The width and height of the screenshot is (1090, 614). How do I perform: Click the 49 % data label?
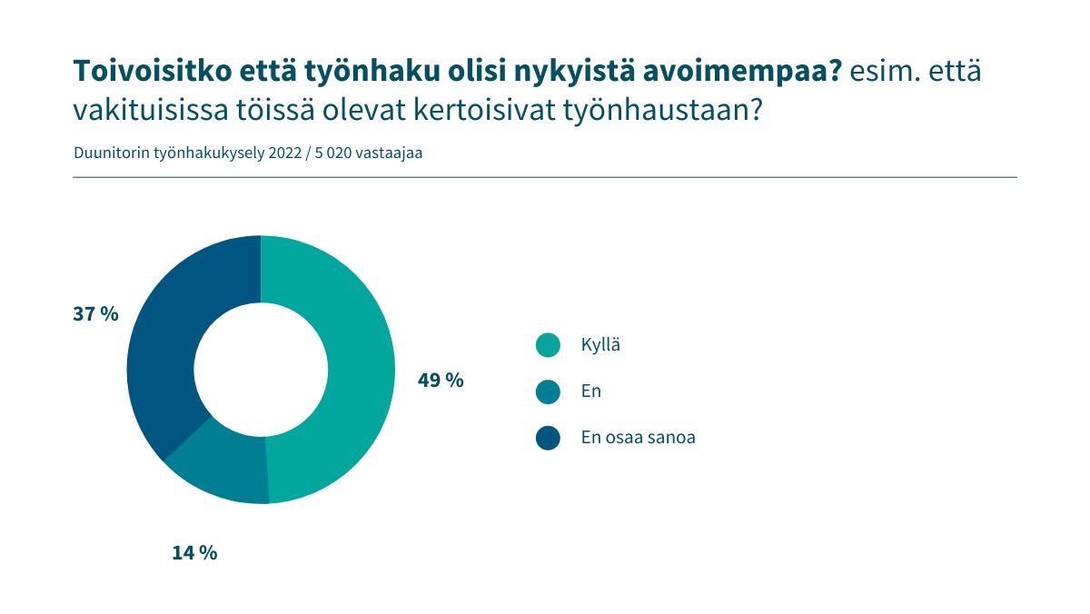point(441,380)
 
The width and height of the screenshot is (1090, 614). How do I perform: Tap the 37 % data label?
point(95,313)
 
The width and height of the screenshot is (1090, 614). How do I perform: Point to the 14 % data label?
point(194,553)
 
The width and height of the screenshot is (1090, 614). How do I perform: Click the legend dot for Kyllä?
point(548,345)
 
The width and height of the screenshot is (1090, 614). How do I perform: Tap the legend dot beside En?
point(548,391)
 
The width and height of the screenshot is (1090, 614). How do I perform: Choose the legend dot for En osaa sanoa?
point(548,438)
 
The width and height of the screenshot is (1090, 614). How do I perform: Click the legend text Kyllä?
point(600,345)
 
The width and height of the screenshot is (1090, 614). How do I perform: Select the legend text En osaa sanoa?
point(638,438)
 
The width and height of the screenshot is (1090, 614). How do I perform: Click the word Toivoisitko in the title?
point(153,71)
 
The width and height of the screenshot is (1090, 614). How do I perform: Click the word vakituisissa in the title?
point(151,110)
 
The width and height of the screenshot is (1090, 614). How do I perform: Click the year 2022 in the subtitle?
point(284,153)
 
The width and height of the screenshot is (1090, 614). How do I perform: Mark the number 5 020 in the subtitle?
point(332,153)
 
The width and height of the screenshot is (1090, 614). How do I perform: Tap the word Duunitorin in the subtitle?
point(112,153)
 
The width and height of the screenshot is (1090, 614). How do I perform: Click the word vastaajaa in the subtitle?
point(389,153)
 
